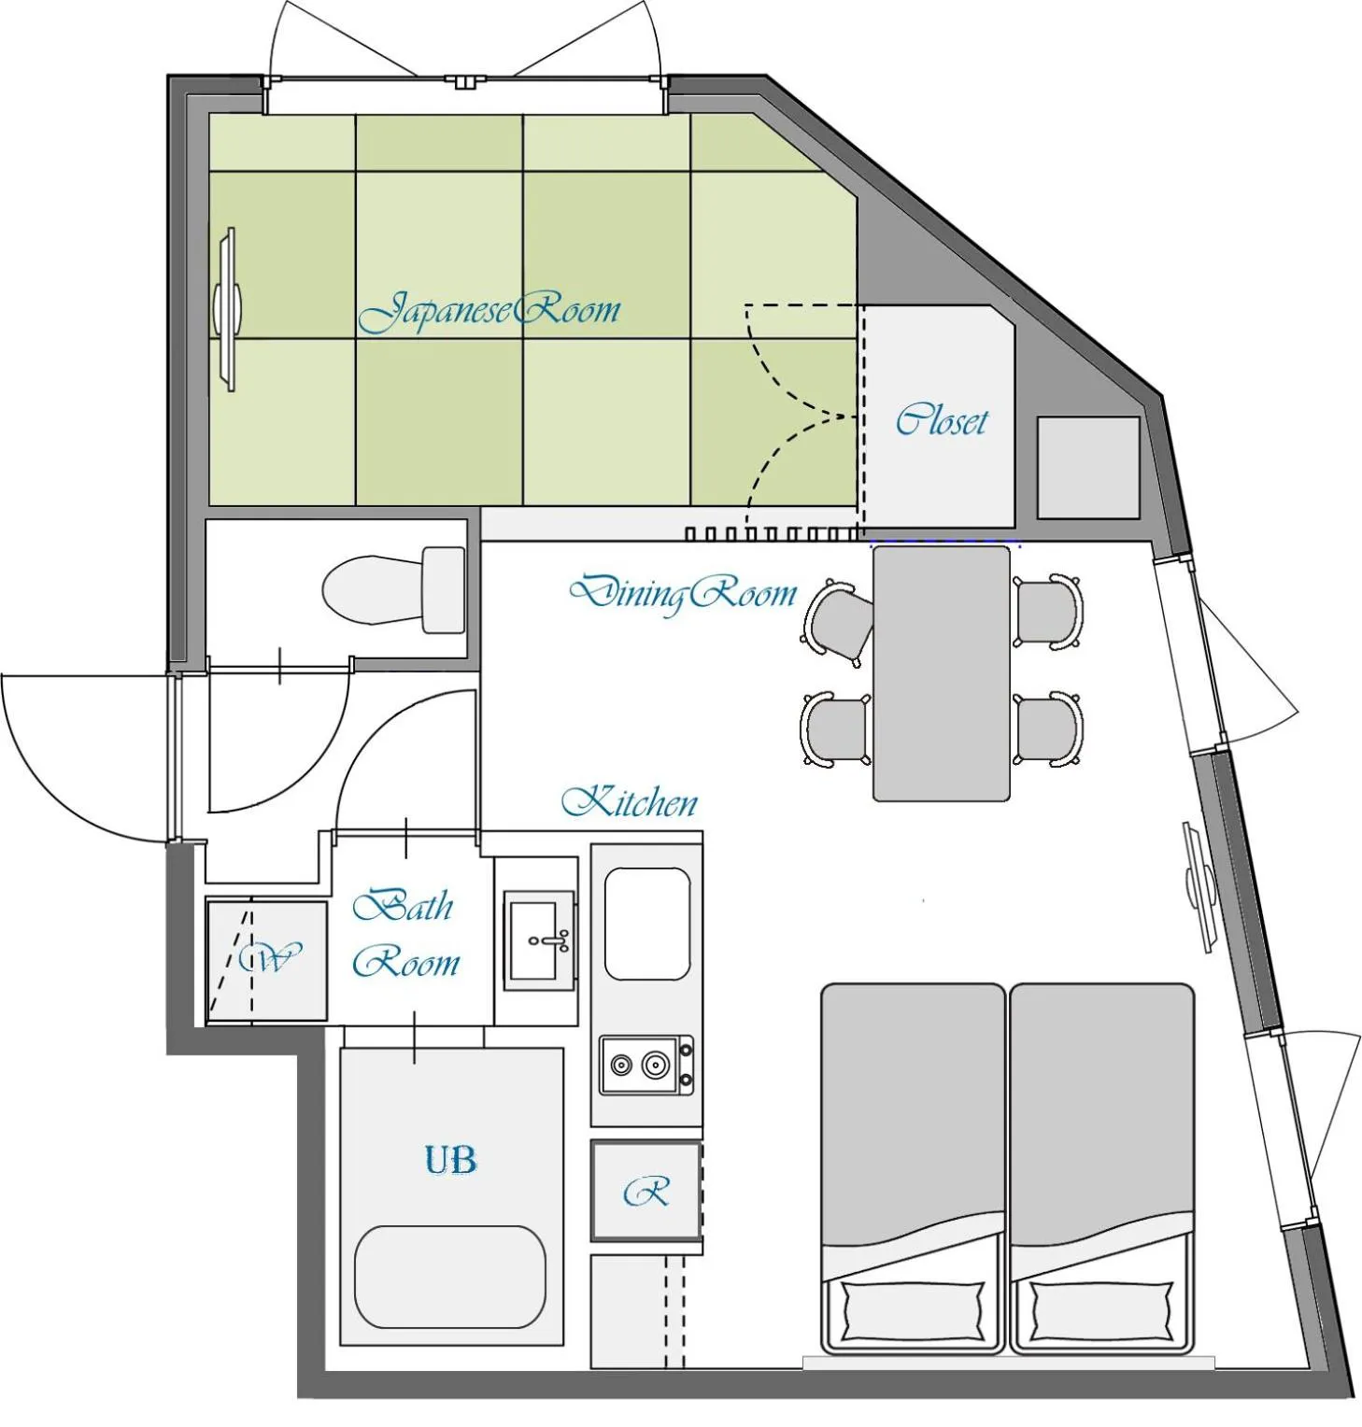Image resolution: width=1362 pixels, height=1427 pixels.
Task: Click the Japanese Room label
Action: coord(489,311)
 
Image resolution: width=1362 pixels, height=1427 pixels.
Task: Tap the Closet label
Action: coord(941,420)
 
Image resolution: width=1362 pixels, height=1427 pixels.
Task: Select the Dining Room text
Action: coord(683,593)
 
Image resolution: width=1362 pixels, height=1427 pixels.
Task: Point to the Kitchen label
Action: coord(630,802)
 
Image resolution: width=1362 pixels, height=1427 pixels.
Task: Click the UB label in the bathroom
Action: coord(450,1160)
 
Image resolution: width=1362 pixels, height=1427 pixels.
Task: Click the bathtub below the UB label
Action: coord(450,1277)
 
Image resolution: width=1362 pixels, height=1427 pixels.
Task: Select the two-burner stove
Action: coord(646,1065)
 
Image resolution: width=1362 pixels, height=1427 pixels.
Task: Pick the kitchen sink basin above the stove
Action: coord(647,924)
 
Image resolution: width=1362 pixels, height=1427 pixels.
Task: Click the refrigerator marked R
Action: coord(646,1192)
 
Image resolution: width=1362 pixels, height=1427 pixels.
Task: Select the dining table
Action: coord(941,673)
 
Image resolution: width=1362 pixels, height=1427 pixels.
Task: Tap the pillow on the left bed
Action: coord(913,1310)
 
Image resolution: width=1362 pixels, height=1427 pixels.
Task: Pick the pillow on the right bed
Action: coord(1101,1310)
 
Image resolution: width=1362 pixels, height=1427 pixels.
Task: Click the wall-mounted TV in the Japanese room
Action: coord(227,307)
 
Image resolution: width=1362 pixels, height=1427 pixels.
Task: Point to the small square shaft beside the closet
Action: coord(1088,467)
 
